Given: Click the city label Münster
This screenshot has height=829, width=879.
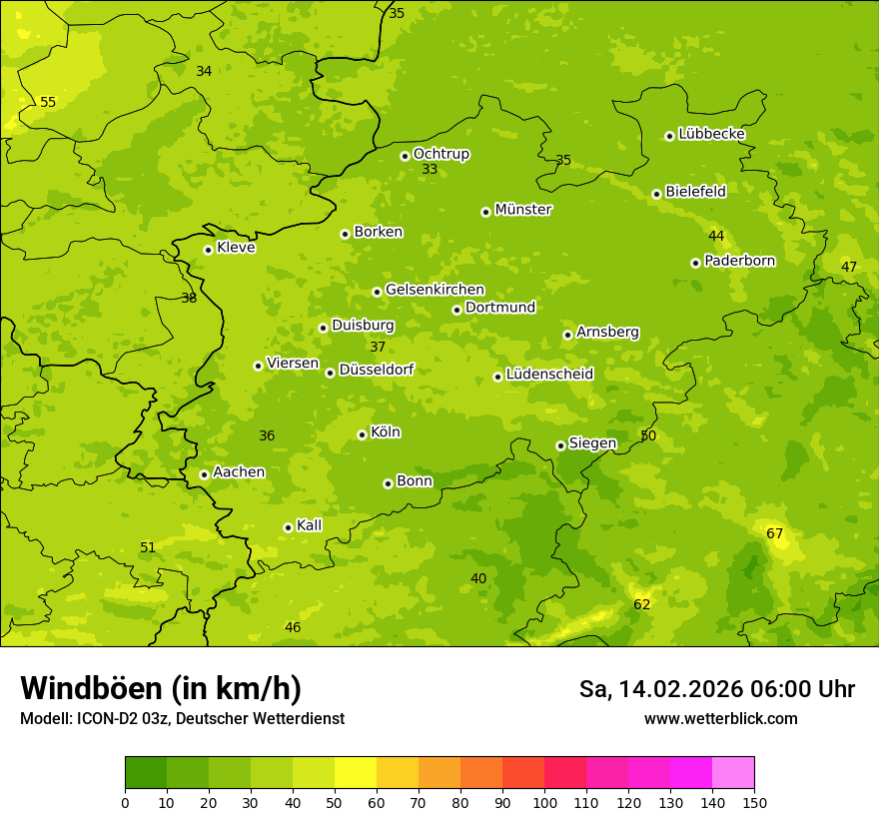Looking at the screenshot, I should [522, 210].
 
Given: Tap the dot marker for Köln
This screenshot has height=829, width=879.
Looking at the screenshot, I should [362, 434].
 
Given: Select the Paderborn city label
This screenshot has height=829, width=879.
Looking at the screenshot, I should [739, 261].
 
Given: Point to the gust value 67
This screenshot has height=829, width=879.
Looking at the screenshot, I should [775, 533].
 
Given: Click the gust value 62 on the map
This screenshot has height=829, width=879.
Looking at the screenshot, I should [642, 604].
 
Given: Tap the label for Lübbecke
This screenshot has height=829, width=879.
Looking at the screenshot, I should [711, 134].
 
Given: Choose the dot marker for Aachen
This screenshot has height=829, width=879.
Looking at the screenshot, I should [204, 474].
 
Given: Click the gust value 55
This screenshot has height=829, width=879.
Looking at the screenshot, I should [48, 102].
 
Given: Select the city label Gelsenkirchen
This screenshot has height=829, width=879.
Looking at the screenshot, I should [435, 290].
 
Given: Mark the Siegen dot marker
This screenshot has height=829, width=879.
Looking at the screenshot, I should [560, 445].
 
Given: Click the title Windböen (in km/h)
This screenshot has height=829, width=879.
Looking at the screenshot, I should [161, 688].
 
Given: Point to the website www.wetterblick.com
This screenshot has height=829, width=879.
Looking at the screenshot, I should [720, 718].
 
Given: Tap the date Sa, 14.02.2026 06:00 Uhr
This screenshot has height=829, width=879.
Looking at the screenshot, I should [716, 689].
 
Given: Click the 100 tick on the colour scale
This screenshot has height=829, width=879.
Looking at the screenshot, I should [544, 802].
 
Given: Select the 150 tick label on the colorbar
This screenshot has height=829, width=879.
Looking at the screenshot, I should [754, 802].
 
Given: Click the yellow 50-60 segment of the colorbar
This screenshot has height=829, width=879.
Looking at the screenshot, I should [356, 773].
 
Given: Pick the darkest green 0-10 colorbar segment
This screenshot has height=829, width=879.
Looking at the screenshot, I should [146, 773].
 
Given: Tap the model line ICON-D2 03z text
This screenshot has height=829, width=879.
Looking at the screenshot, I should [182, 718].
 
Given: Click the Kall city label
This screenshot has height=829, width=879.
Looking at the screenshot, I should [309, 525].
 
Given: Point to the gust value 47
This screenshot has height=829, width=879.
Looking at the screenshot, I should [849, 267].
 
